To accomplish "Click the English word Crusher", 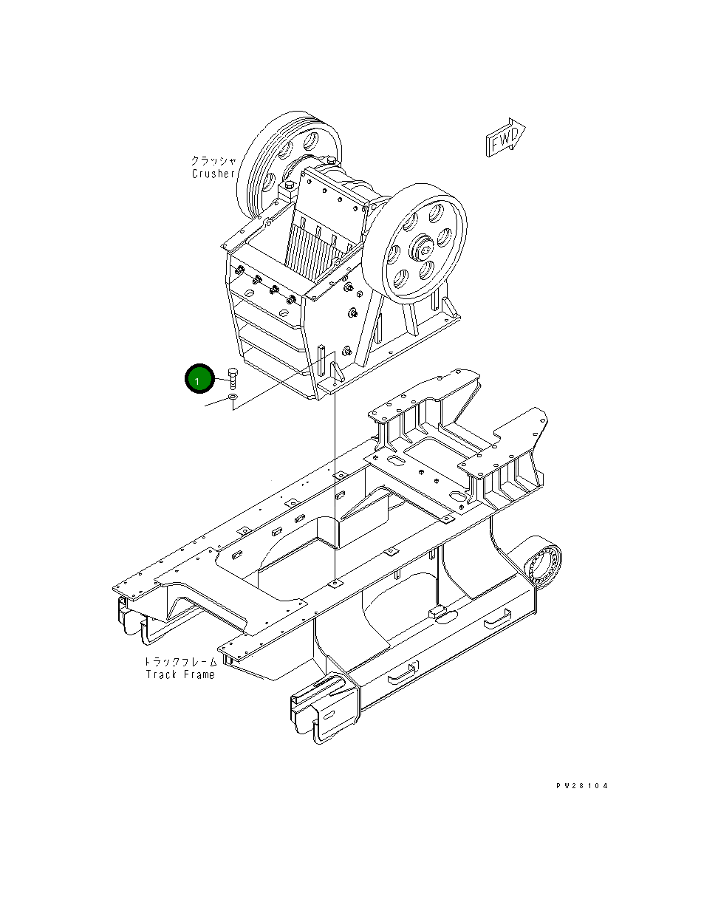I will [213, 174].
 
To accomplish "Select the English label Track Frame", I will [180, 674].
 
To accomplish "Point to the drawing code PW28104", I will [582, 786].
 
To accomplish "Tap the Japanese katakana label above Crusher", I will [213, 160].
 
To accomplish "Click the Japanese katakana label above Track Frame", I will [180, 661].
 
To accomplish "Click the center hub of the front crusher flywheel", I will [425, 250].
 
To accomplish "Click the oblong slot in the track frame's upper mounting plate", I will [396, 461].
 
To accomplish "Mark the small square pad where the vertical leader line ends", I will [336, 584].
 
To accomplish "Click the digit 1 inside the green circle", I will [197, 380].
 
